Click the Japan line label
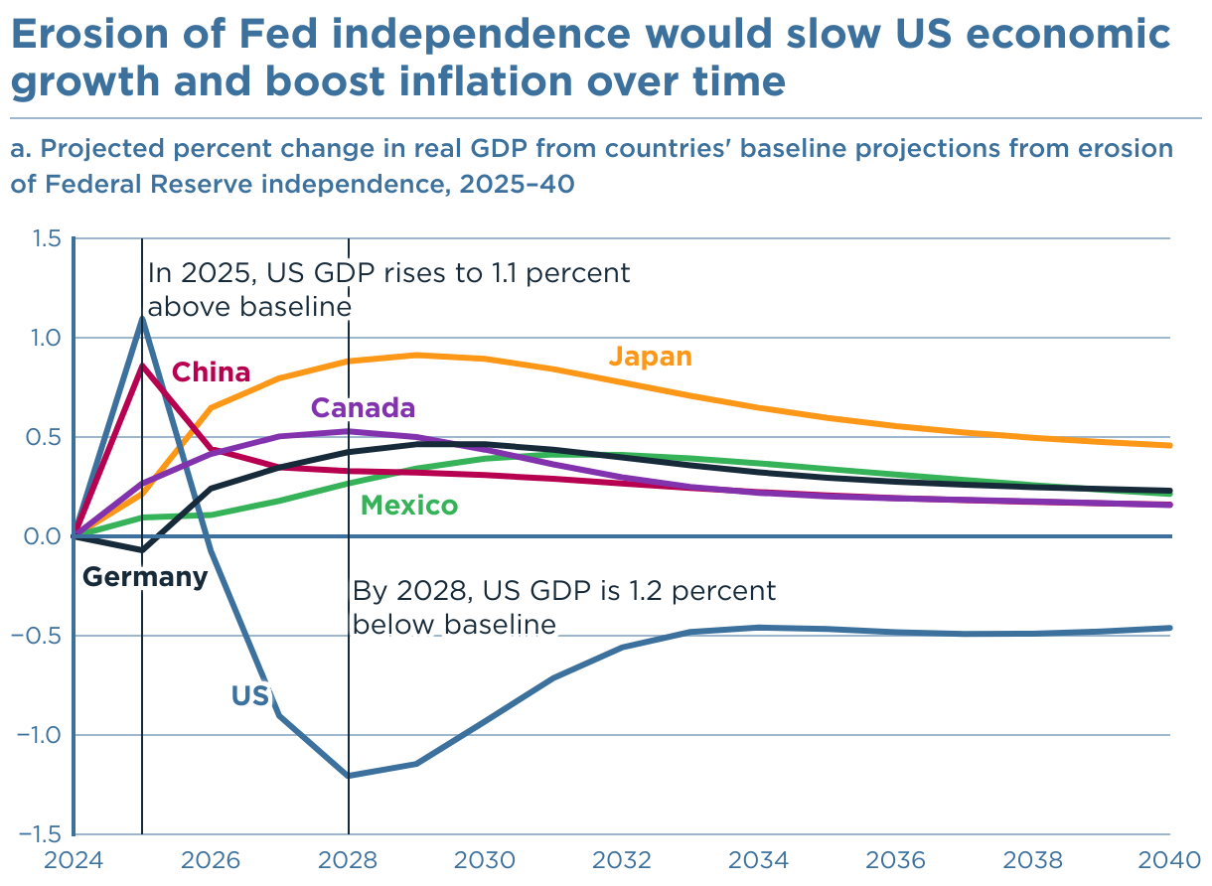650,357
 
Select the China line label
211,372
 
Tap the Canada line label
363,408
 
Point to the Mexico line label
409,506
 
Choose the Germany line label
144,577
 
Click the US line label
250,696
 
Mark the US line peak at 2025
142,318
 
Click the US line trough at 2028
349,776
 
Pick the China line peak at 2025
142,366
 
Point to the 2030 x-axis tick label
486,859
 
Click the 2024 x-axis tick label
74,859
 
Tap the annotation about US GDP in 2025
388,289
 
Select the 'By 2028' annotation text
563,607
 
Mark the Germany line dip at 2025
142,549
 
